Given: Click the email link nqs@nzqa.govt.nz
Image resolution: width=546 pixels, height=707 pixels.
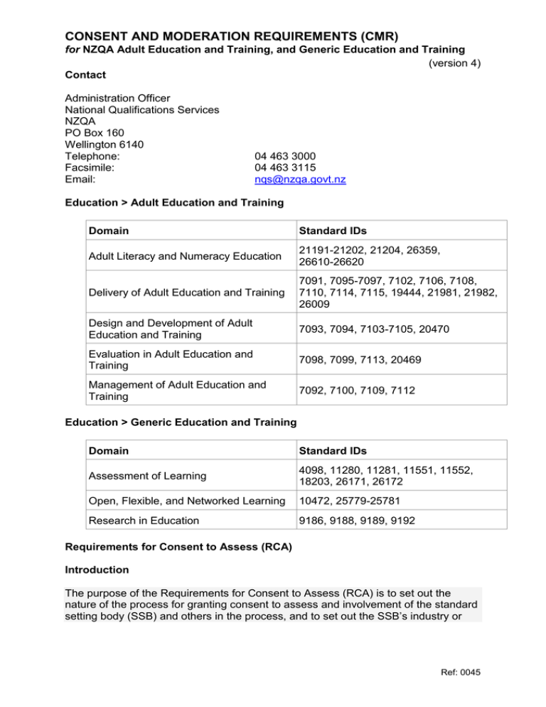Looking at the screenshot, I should pos(300,180).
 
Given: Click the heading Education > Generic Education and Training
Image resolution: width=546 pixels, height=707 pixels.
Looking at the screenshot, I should pos(181,422).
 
